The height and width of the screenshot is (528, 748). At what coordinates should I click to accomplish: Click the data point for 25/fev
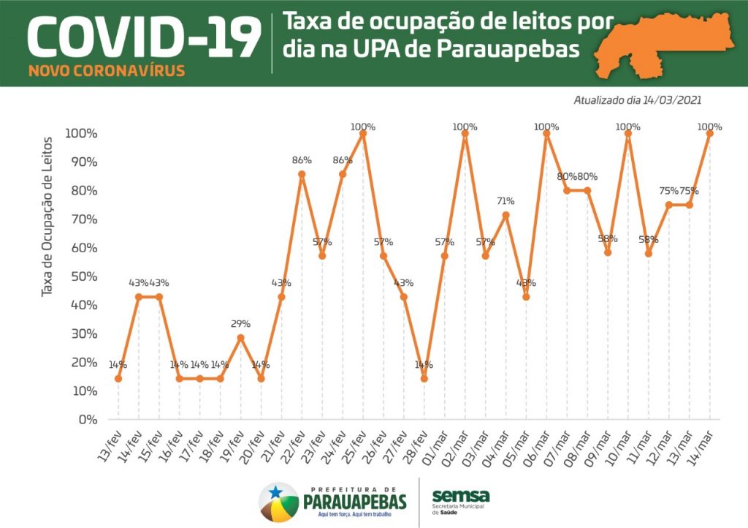(363, 133)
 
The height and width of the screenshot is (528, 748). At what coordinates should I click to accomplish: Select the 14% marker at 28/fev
(424, 379)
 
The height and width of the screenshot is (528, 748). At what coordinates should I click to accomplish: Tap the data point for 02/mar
(465, 133)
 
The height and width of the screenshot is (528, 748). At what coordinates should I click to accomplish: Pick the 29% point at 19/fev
(240, 337)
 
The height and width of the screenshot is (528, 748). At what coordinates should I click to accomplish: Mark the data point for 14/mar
(709, 133)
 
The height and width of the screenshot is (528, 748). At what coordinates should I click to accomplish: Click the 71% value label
(505, 201)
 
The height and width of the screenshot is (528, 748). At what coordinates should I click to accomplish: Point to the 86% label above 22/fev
(302, 160)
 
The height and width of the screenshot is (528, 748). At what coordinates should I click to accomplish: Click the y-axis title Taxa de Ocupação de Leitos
(47, 216)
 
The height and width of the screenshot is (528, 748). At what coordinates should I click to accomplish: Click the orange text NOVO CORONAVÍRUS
(107, 72)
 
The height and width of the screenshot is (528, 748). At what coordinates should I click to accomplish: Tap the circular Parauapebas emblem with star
(278, 502)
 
